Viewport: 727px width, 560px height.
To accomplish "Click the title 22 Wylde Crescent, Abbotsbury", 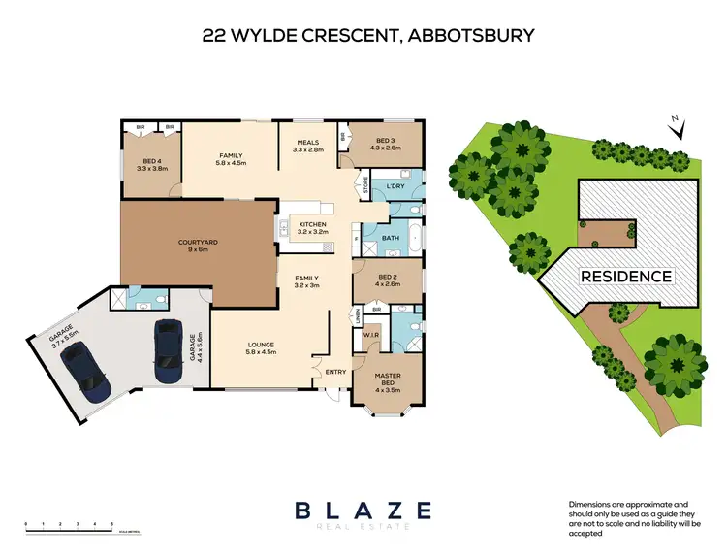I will point(367,37).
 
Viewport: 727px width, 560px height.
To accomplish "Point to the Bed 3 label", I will point(385,144).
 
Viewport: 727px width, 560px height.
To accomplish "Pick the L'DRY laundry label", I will point(395,185).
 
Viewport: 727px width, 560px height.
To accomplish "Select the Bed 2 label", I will point(385,280).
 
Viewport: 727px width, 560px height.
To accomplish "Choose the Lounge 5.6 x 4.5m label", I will point(261,348).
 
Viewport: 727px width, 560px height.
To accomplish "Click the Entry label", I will point(335,370).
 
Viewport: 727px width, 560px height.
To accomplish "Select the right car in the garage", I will point(168,352).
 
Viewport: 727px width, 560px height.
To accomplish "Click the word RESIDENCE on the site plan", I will point(625,277).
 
